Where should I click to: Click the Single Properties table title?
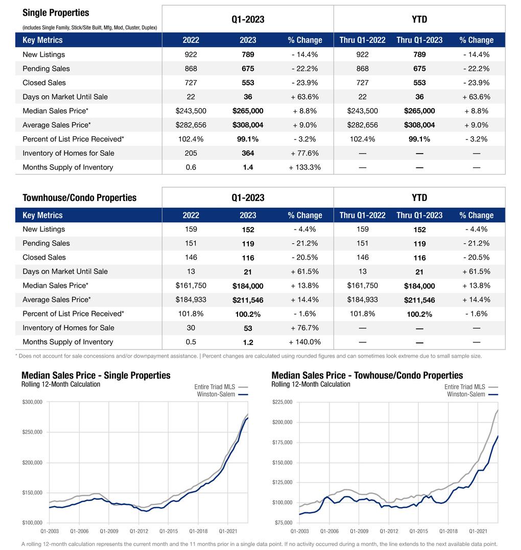point(56,13)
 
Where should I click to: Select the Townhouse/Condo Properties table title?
point(79,198)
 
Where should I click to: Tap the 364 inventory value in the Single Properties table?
point(248,153)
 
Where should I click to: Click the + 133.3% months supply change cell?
point(305,167)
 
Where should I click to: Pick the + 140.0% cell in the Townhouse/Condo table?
point(305,342)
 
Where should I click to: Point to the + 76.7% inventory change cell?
point(305,328)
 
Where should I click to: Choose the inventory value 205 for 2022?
point(191,153)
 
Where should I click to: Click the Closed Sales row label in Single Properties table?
point(44,83)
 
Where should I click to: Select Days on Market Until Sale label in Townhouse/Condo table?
point(65,271)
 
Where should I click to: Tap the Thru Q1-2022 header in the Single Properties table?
point(362,40)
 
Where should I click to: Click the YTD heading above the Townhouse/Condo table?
point(419,198)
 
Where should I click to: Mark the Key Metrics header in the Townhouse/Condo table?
point(42,215)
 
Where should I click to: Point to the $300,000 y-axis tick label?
point(32,402)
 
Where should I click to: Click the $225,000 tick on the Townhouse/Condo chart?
point(282,402)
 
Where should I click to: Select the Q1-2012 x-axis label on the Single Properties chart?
point(138,531)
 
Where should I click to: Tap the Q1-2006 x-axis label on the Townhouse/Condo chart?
point(329,531)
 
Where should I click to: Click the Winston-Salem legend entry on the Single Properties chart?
point(216,394)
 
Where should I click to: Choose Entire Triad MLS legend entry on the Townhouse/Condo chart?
point(465,387)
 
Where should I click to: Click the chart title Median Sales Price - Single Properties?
point(96,376)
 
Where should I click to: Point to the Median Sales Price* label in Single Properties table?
point(55,111)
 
